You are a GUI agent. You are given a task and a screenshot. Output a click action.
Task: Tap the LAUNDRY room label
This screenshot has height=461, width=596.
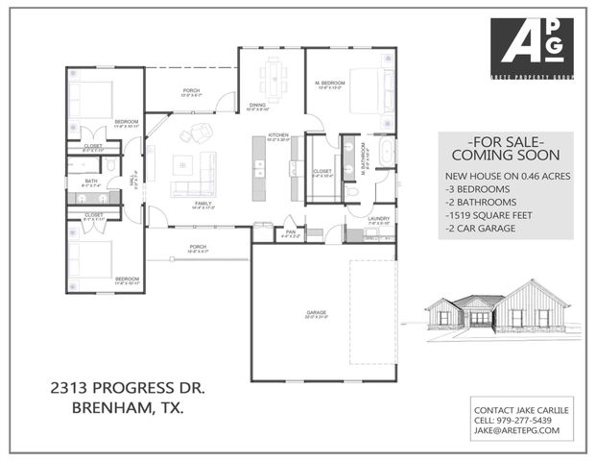[x=378, y=219]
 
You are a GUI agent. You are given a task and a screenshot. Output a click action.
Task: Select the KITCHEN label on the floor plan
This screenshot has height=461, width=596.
[x=278, y=134]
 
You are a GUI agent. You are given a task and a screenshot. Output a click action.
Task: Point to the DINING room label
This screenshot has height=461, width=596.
[x=257, y=105]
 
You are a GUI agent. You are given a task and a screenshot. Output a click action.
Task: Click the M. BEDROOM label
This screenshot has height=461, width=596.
[x=331, y=84]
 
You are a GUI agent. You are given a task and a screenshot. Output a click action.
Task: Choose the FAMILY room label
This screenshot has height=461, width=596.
[x=203, y=204]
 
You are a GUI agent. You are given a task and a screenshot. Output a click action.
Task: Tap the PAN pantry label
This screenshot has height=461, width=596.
[x=289, y=230]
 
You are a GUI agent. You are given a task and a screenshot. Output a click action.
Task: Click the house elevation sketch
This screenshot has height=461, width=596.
[x=497, y=308]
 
